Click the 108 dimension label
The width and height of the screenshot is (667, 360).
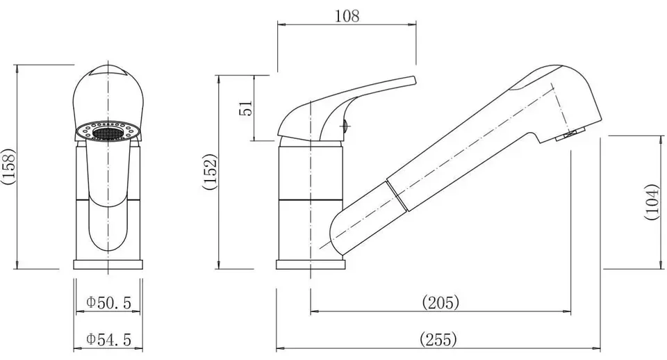coord(347,16)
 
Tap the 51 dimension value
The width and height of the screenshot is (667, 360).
coord(246,108)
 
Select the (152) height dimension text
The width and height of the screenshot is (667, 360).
coord(210,172)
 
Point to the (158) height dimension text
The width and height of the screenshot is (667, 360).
coord(8,166)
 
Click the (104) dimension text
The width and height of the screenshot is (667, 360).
coord(652,202)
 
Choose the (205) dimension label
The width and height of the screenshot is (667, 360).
coord(440,302)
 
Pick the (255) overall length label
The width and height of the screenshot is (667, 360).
coord(438,339)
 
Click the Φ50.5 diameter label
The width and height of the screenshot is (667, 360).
coord(108,302)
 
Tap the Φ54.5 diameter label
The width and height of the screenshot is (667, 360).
coord(108,339)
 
